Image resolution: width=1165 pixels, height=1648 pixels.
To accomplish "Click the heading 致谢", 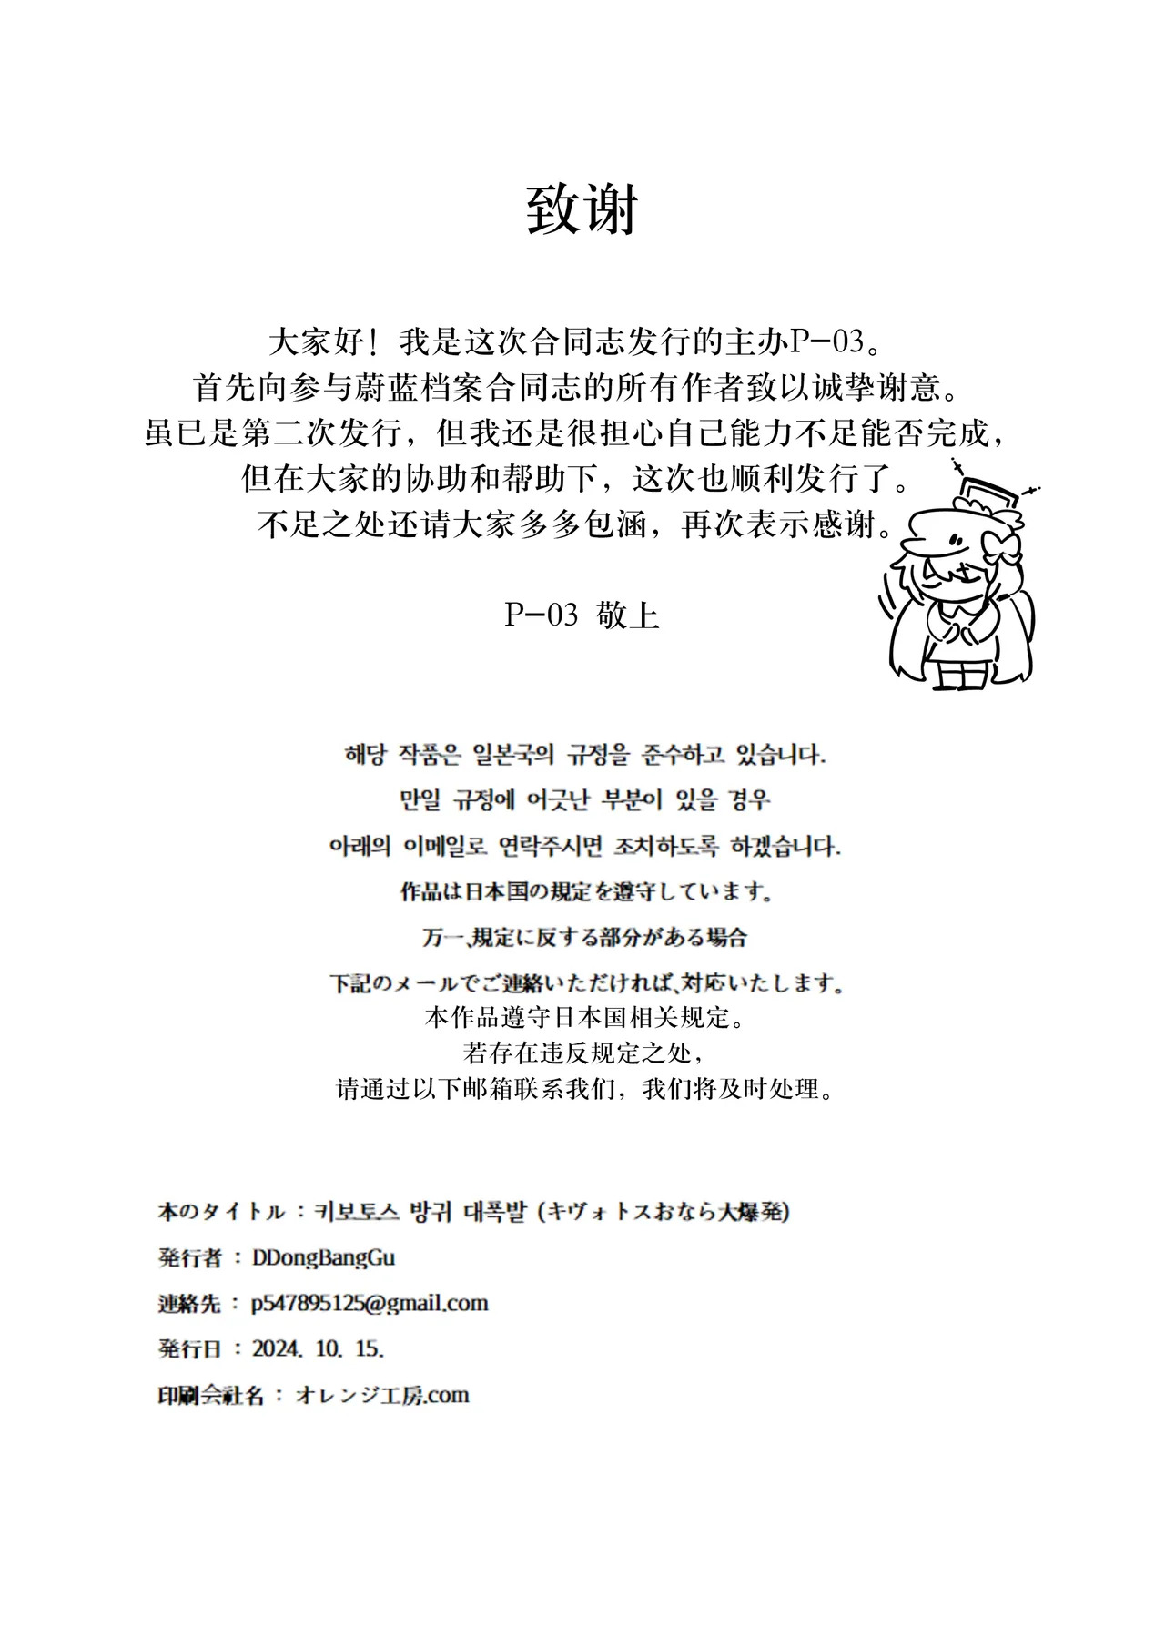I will [582, 211].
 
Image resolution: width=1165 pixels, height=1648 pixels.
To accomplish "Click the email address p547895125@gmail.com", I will [370, 1303].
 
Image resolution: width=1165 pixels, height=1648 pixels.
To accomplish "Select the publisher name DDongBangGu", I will [323, 1257].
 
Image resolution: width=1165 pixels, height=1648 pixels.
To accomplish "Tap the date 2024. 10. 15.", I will [318, 1348].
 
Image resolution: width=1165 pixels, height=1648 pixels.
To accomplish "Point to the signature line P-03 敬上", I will [582, 615].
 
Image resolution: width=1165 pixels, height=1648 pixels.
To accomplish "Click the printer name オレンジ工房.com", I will [382, 1395].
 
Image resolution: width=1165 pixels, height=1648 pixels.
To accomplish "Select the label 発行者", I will [189, 1258].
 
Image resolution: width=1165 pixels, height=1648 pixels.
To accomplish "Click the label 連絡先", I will [189, 1304].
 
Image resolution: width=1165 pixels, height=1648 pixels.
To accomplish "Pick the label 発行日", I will [189, 1349].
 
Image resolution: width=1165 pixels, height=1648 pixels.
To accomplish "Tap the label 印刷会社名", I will [210, 1395].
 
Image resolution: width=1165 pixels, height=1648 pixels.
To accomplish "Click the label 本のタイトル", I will [221, 1213].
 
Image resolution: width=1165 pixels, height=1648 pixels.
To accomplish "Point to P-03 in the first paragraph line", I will [825, 343].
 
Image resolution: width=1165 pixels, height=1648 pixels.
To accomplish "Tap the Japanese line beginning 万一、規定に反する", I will [584, 937].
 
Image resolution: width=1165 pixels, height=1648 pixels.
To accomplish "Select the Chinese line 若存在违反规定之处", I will [582, 1053].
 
